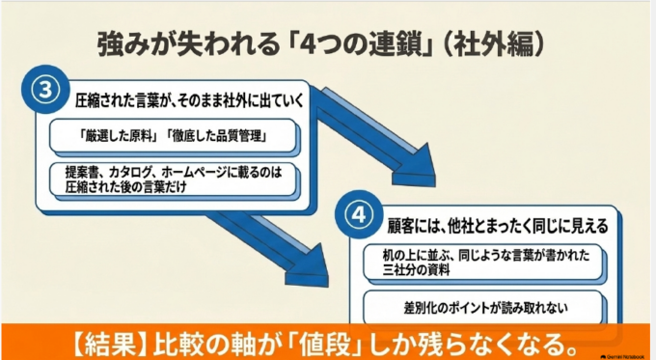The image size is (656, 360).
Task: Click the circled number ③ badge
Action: pos(45,90)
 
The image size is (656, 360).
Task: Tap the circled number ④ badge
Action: pos(359,214)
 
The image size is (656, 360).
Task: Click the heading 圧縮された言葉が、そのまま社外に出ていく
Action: pos(189,101)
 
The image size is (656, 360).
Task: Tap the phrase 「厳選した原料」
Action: pos(119,136)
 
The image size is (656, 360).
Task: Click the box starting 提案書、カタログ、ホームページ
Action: pos(174,180)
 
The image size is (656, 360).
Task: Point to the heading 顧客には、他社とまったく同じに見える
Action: pos(498,226)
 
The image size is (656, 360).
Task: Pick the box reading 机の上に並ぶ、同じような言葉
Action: pos(484,263)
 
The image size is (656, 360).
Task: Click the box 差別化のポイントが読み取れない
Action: pos(484,308)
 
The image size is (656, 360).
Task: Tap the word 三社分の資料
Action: pos(417,270)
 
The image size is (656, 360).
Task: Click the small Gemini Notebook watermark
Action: pos(623,357)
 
